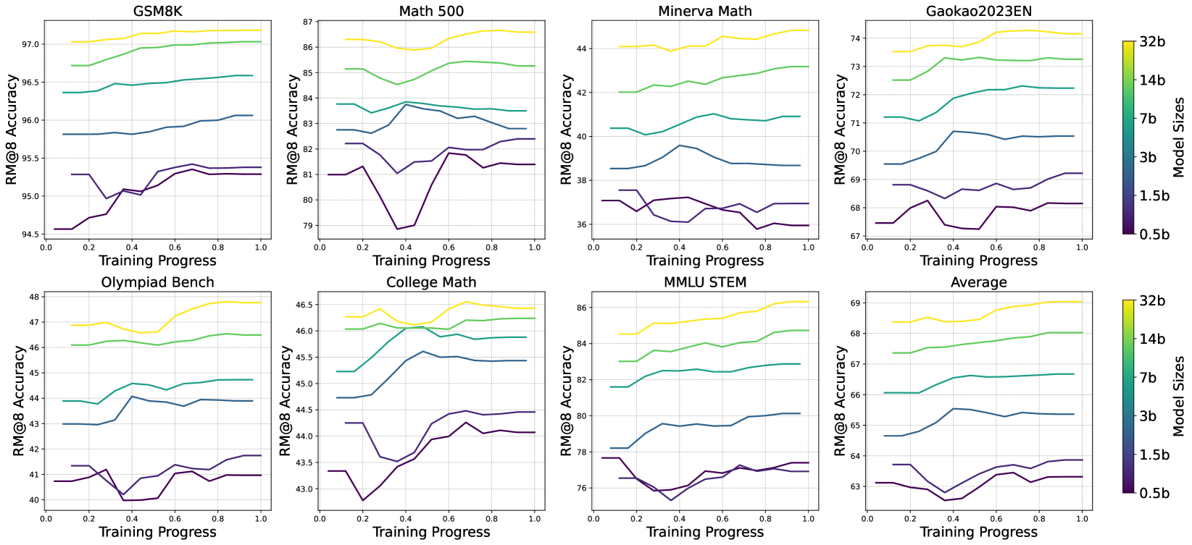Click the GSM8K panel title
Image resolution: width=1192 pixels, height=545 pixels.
coord(157,11)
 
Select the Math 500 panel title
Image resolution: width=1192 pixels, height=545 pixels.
coord(431,11)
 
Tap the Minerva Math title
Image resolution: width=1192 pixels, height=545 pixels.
coord(704,11)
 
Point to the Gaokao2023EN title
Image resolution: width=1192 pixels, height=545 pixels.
coord(978,11)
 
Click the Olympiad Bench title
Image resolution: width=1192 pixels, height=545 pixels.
coord(157,282)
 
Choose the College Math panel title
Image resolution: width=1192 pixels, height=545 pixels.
coord(431,282)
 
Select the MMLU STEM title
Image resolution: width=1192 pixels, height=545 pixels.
coord(704,282)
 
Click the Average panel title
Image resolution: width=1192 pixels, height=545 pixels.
coord(978,282)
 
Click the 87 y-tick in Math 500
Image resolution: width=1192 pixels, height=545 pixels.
coord(307,22)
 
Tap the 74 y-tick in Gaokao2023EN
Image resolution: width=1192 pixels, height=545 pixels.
coord(855,38)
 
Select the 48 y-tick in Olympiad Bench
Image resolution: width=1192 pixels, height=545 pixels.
coord(33,297)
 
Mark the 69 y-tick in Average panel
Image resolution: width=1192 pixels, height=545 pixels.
coord(855,303)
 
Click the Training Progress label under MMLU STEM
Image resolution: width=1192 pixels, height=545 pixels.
coord(704,532)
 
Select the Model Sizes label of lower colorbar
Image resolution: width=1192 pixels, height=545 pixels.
coord(1180,396)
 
